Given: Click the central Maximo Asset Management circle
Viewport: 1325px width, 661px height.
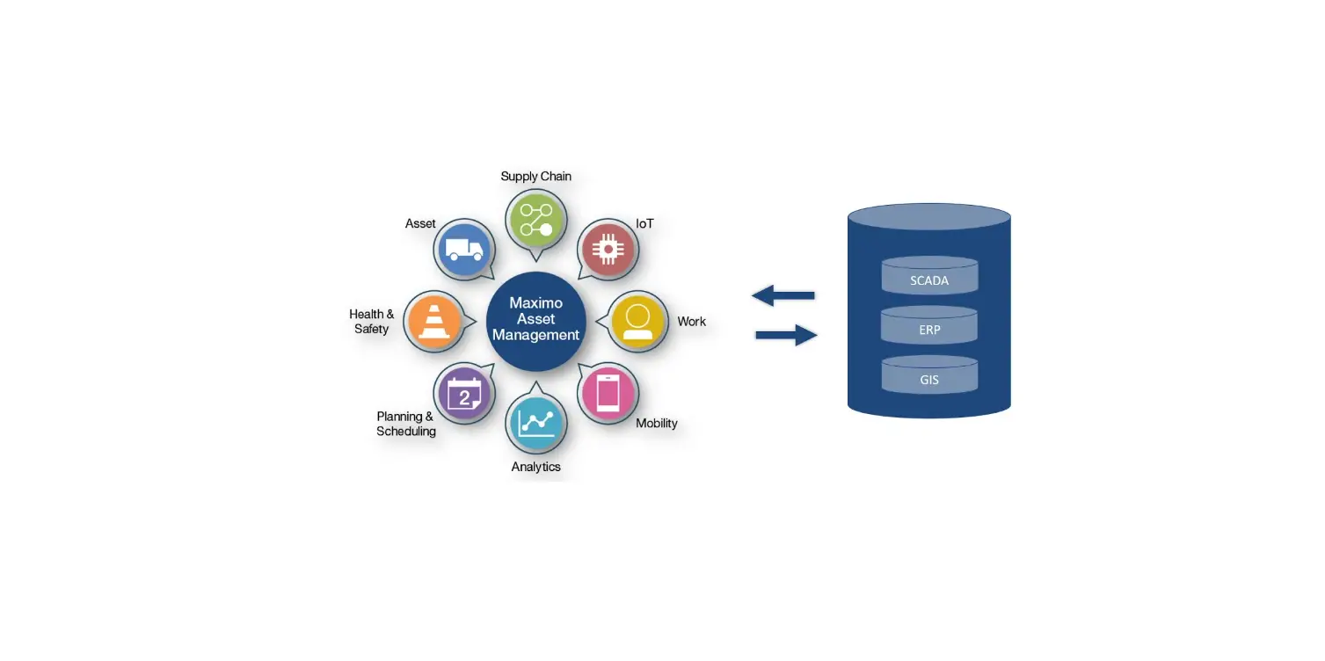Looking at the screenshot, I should (535, 319).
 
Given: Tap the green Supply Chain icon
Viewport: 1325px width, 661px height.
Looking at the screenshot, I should (535, 220).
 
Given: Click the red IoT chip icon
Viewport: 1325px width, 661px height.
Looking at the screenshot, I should (607, 249).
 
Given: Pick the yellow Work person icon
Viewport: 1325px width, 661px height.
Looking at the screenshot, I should (637, 321).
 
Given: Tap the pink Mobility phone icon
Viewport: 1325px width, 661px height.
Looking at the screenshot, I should (608, 392).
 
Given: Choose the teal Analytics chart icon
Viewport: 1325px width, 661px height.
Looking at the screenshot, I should (535, 422).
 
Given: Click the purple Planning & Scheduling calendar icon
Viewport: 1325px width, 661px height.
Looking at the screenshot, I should (464, 393).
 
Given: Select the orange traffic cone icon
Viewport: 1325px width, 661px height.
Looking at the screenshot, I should (433, 321).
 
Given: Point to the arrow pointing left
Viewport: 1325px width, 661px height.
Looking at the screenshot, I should (783, 295).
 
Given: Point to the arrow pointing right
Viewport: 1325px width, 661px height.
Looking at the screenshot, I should (786, 335).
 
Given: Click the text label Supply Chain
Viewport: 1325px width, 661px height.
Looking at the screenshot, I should (535, 176).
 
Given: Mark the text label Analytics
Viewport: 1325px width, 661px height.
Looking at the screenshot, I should (535, 467).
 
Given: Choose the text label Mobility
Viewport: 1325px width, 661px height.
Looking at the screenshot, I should (656, 423).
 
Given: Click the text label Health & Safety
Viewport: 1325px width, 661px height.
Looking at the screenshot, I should (371, 321).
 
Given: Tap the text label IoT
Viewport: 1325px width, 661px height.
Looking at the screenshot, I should (644, 223).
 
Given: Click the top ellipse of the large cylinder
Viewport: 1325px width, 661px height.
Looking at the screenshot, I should (929, 216).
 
